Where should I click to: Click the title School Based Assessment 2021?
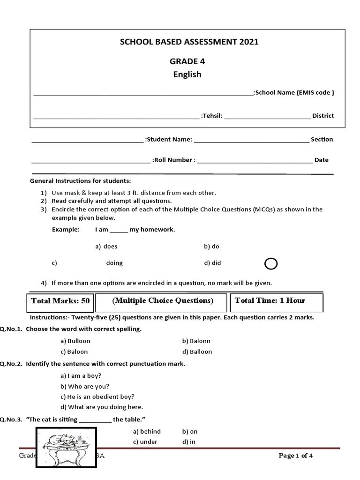point(189,42)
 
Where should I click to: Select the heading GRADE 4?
point(187,61)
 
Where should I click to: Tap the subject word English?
point(187,75)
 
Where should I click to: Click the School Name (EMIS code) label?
point(294,93)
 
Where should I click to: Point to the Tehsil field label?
point(211,116)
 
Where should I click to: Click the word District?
point(323,116)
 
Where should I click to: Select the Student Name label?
point(168,139)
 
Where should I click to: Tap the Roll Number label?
point(174,160)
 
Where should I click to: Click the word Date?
point(321,160)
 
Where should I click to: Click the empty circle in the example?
point(271,264)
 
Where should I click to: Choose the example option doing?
point(114,263)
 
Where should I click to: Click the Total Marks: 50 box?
point(60,301)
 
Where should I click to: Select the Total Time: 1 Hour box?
point(276,301)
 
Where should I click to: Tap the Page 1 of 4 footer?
point(296,456)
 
